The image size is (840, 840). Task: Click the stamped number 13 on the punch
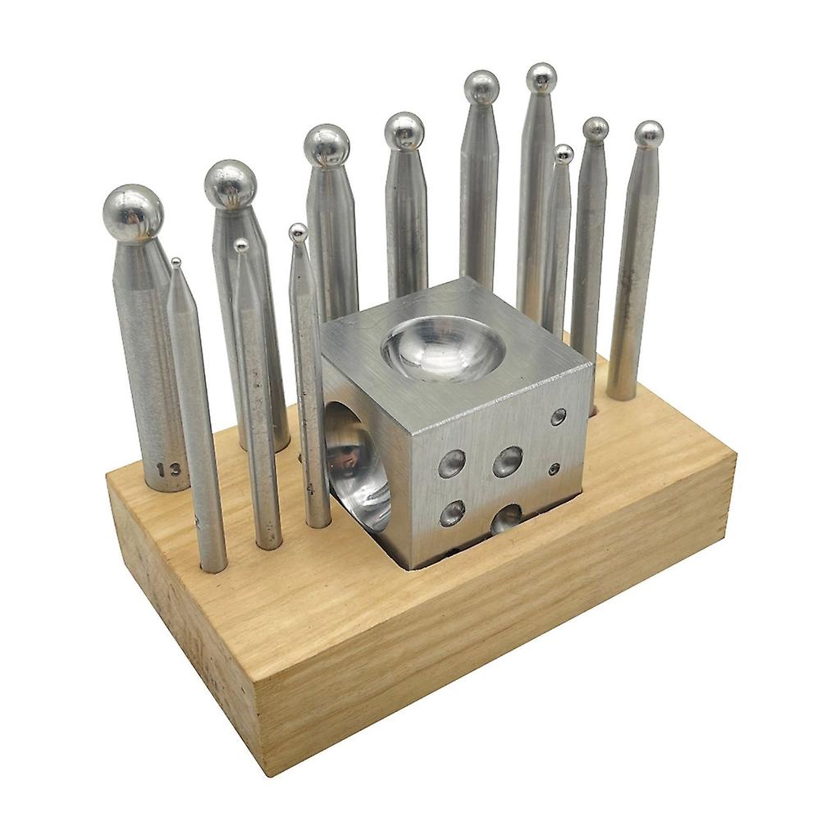point(169,470)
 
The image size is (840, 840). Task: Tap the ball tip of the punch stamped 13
point(133,213)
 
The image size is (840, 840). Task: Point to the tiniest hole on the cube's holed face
point(555,469)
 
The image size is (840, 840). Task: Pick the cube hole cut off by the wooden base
point(506,518)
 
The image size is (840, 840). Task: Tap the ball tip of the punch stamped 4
point(299,232)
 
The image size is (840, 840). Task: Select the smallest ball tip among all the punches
point(176,263)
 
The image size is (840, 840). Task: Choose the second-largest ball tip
point(230,185)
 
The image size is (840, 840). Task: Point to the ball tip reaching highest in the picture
point(541,78)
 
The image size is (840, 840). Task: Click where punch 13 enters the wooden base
point(167,488)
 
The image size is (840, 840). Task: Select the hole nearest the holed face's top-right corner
point(558,417)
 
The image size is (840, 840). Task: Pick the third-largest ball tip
point(326,145)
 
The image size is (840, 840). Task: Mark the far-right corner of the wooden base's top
point(735,454)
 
